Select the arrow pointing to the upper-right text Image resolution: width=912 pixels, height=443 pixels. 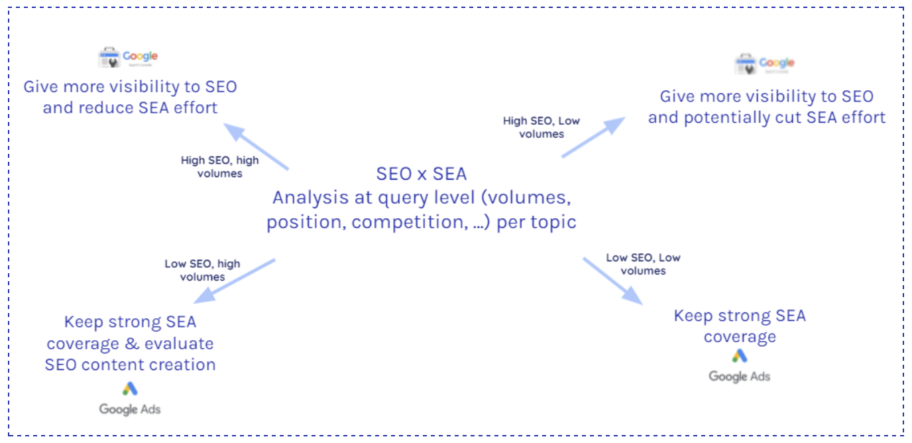coord(593,137)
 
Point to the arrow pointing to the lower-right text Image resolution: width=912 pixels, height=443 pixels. coord(613,281)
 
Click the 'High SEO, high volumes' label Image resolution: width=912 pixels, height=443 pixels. coord(220,167)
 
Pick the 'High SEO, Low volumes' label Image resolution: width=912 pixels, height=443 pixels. coord(542,127)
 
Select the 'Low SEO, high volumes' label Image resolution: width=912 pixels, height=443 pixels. coord(202,271)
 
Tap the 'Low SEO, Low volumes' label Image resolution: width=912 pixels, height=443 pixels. coord(643,264)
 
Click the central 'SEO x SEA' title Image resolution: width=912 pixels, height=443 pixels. coord(422,174)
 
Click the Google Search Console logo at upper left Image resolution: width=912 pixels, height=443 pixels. coord(128,58)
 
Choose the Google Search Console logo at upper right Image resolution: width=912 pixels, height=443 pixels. coord(764,64)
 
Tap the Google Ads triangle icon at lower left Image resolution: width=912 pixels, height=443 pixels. coord(130,389)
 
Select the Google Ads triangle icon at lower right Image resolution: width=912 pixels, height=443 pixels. coord(740,356)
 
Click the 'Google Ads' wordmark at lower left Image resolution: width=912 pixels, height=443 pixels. coord(130,409)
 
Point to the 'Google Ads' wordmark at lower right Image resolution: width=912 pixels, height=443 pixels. coord(740,377)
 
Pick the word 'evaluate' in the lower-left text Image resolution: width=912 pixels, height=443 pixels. coord(180,344)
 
